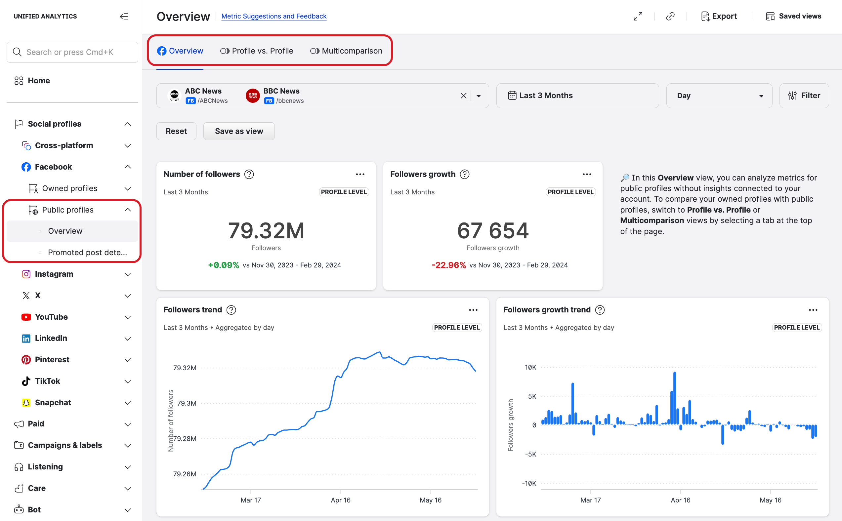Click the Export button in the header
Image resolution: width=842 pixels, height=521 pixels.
[719, 16]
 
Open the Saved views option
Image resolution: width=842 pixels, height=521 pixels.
[793, 16]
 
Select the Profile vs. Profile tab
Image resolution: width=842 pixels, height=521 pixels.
[257, 51]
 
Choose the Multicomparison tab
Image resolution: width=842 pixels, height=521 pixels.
[346, 51]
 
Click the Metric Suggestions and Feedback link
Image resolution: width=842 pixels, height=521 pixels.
[274, 16]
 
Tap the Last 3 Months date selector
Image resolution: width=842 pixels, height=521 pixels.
[577, 96]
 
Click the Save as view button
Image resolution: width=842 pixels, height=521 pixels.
[239, 131]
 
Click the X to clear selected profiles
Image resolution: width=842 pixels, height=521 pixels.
[464, 96]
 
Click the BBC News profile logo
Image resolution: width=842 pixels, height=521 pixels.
[253, 96]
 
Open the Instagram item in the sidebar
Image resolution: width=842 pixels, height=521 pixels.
[54, 274]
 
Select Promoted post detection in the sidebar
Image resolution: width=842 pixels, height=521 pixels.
[87, 253]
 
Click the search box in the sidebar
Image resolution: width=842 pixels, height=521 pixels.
[72, 52]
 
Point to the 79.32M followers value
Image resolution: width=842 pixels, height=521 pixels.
[266, 230]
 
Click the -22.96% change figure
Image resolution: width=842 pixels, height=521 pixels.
[448, 265]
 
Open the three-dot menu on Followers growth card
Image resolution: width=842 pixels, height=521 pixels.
[587, 174]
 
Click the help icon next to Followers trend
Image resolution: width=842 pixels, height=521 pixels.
[231, 310]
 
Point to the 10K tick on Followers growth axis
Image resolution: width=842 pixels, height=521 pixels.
[530, 367]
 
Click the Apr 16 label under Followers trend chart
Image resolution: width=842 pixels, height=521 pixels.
[341, 500]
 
